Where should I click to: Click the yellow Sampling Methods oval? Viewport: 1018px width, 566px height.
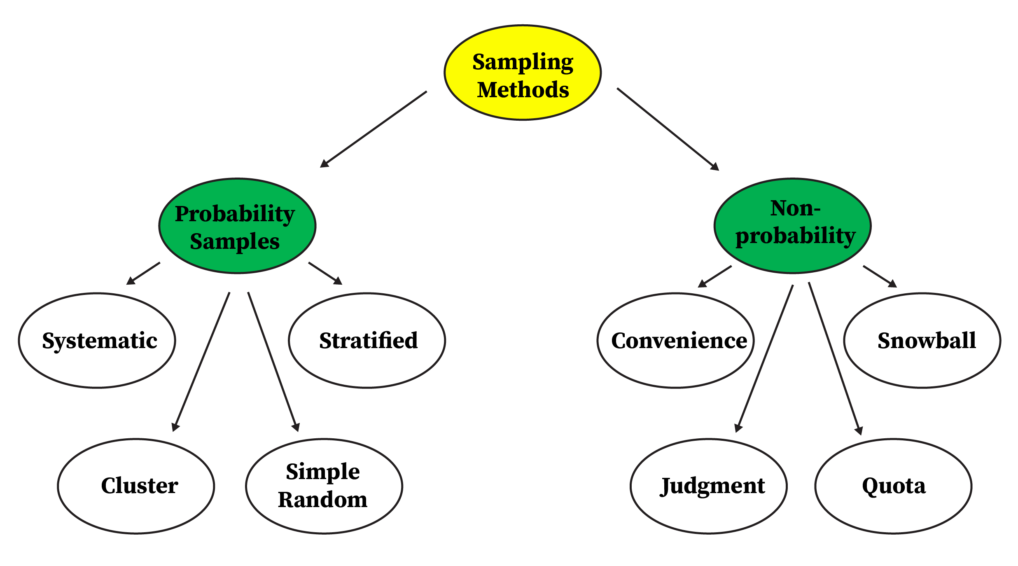[523, 73]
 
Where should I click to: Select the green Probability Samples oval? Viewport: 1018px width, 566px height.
[237, 226]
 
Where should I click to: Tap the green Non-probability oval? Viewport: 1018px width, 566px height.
[792, 226]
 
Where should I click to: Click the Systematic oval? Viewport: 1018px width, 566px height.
[97, 341]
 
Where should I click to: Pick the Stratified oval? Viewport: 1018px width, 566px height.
[367, 341]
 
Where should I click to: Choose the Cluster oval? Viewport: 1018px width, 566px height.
[136, 486]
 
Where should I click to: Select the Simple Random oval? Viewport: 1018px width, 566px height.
[324, 486]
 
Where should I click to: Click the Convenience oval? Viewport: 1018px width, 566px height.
[676, 341]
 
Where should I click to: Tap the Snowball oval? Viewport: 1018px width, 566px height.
[922, 341]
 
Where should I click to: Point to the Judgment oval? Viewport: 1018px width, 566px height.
[709, 486]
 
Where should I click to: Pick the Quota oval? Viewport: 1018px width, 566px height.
[893, 486]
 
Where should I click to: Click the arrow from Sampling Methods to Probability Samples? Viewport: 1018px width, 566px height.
[374, 129]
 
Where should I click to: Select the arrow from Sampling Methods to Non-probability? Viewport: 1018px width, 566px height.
[668, 129]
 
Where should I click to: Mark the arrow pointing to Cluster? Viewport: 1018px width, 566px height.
[201, 362]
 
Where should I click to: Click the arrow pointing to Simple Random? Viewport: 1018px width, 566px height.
[273, 362]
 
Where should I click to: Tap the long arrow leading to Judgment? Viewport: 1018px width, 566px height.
[764, 358]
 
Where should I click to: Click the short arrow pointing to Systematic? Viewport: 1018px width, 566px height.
[143, 274]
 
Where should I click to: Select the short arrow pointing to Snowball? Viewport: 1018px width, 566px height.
[880, 276]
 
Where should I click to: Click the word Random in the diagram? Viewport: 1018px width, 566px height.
[323, 500]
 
